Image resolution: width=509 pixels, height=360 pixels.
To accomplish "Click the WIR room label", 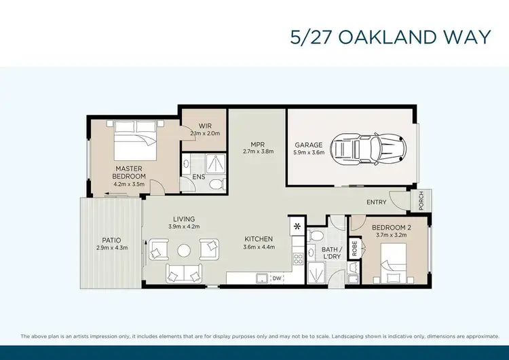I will (196, 126).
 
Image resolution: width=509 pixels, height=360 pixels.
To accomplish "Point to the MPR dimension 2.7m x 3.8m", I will (258, 151).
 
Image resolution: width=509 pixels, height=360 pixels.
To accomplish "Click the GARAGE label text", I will (308, 145).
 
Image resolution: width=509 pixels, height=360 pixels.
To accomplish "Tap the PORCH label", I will (420, 200).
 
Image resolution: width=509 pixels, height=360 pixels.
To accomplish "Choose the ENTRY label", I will (377, 202).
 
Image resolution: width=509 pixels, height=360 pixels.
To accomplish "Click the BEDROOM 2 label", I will (388, 227).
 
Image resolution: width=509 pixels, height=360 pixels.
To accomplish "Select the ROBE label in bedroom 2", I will (354, 248).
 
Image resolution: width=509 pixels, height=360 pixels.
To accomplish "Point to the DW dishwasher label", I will (276, 278).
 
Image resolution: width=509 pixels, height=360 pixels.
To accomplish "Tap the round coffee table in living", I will (185, 250).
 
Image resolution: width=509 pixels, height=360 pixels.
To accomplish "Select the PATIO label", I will (112, 240).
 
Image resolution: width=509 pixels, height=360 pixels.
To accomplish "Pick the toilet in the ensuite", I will (214, 183).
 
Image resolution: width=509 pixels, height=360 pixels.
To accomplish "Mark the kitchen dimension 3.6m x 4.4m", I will (259, 247).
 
